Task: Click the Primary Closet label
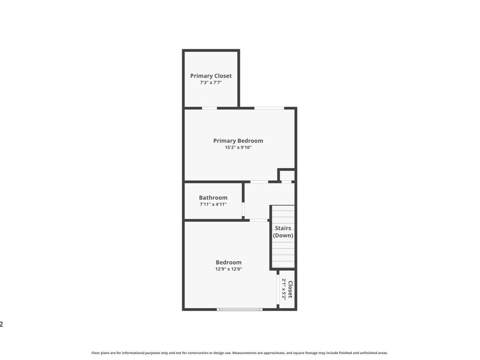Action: click(211, 76)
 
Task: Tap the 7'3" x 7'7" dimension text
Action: click(211, 83)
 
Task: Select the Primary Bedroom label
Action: click(238, 141)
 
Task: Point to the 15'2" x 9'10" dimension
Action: click(238, 148)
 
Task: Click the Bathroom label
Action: click(213, 197)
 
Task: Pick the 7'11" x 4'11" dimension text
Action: click(213, 204)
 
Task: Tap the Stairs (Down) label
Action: click(283, 231)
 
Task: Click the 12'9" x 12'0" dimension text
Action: click(228, 269)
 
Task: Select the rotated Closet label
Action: click(290, 290)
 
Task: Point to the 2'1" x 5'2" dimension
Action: click(284, 290)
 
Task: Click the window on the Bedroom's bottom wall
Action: click(239, 309)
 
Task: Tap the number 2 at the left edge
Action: click(2, 324)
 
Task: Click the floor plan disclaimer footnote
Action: click(239, 353)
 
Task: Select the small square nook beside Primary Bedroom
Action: click(287, 175)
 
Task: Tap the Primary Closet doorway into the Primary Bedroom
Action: click(210, 108)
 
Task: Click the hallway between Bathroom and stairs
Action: click(257, 201)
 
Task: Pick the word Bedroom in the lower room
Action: click(228, 262)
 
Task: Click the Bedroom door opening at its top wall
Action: click(259, 220)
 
